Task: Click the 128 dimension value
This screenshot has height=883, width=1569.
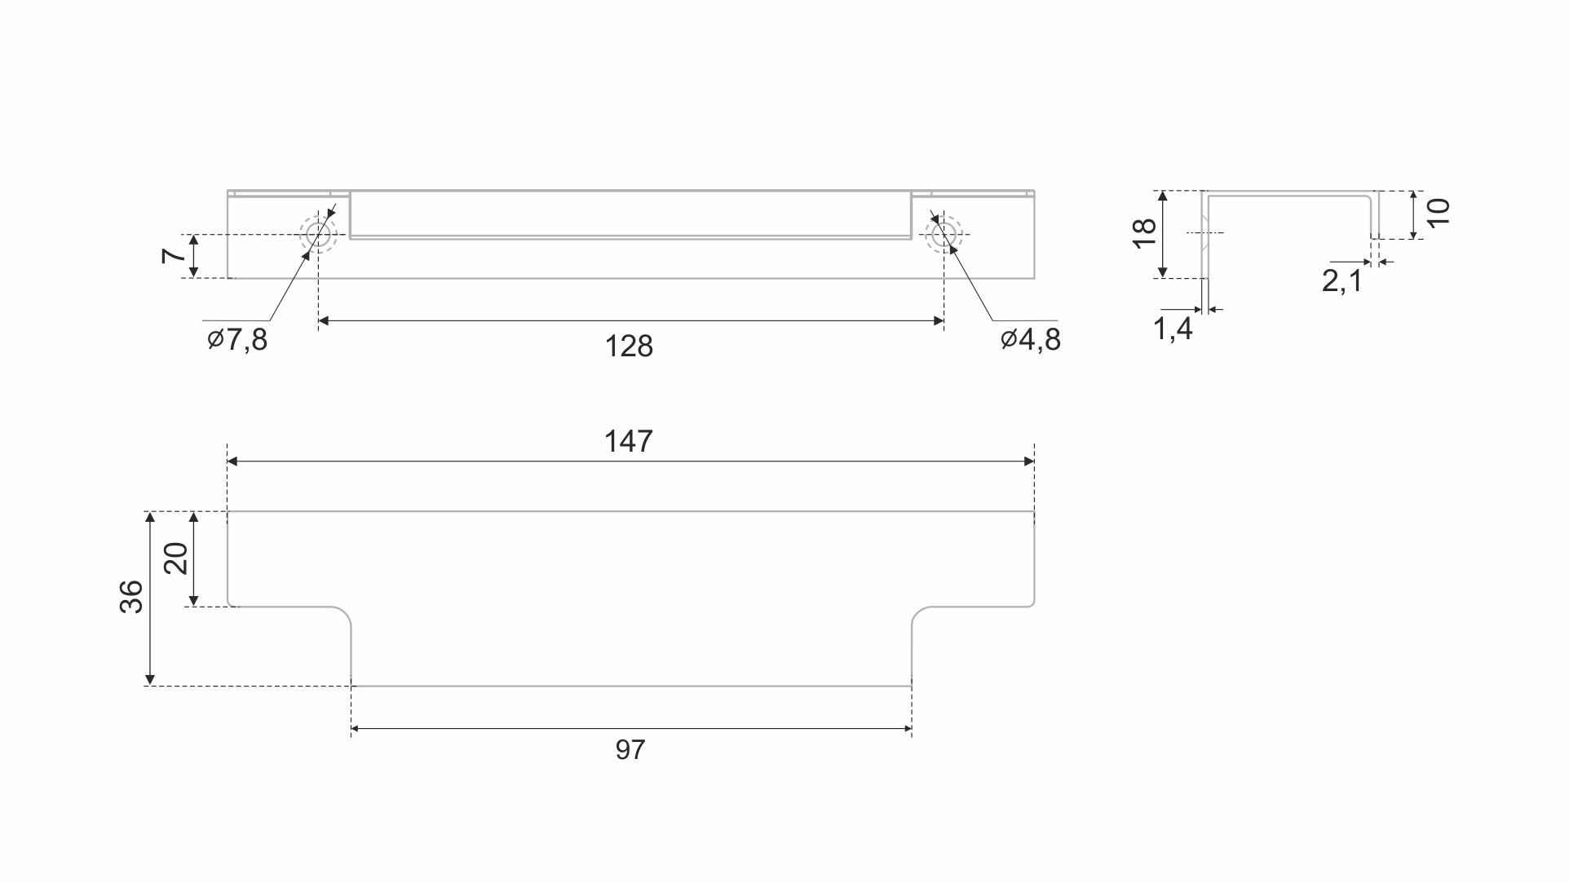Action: [x=630, y=347]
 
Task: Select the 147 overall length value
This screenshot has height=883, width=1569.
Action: [x=629, y=442]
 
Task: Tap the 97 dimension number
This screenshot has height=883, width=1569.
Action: [x=630, y=749]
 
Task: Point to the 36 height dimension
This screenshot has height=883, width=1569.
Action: [x=131, y=597]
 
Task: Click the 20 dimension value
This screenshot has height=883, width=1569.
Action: [x=177, y=558]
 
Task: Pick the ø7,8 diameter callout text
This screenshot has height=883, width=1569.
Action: [x=237, y=339]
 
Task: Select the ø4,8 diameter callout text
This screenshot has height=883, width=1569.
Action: [x=1032, y=339]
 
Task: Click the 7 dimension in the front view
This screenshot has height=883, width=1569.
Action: [x=174, y=255]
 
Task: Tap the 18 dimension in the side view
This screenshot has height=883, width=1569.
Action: [x=1146, y=233]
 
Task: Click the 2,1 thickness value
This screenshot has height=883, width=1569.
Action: [x=1342, y=281]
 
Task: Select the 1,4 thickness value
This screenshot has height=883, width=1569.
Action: [x=1173, y=329]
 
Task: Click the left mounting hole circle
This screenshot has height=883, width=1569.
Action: [x=318, y=235]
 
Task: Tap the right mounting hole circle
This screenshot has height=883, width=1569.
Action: [x=944, y=235]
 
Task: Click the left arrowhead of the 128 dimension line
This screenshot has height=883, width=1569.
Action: [x=324, y=321]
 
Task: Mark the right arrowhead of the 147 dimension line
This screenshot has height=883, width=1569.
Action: [x=1029, y=461]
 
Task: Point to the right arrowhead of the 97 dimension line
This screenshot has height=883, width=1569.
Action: [x=906, y=729]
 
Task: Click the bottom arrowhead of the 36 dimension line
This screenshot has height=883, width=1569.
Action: [x=150, y=680]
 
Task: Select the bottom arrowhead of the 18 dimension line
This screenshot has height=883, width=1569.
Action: [x=1164, y=272]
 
